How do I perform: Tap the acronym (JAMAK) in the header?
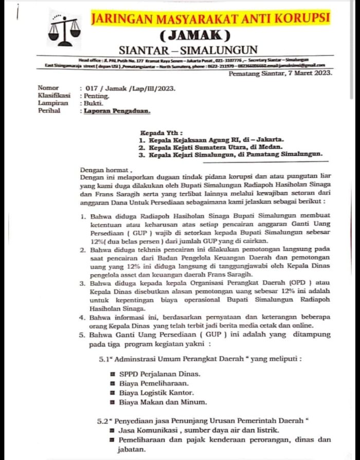tap(195, 36)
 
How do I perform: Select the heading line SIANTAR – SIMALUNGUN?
tap(188, 50)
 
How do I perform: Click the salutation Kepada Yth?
tap(161, 132)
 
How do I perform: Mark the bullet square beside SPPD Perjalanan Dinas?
tap(112, 374)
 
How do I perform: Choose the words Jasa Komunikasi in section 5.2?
tap(147, 430)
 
